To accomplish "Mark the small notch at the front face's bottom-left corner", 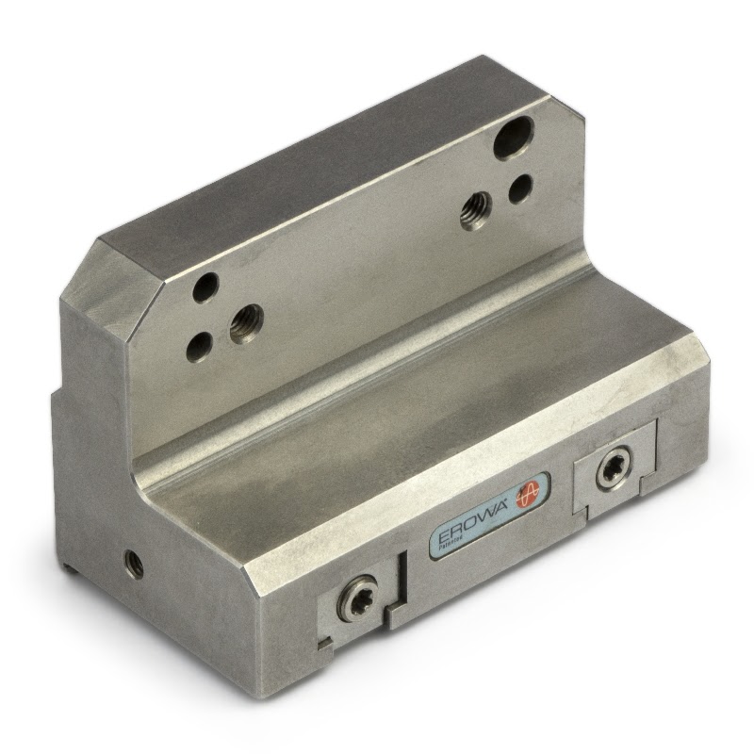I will (326, 646).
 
